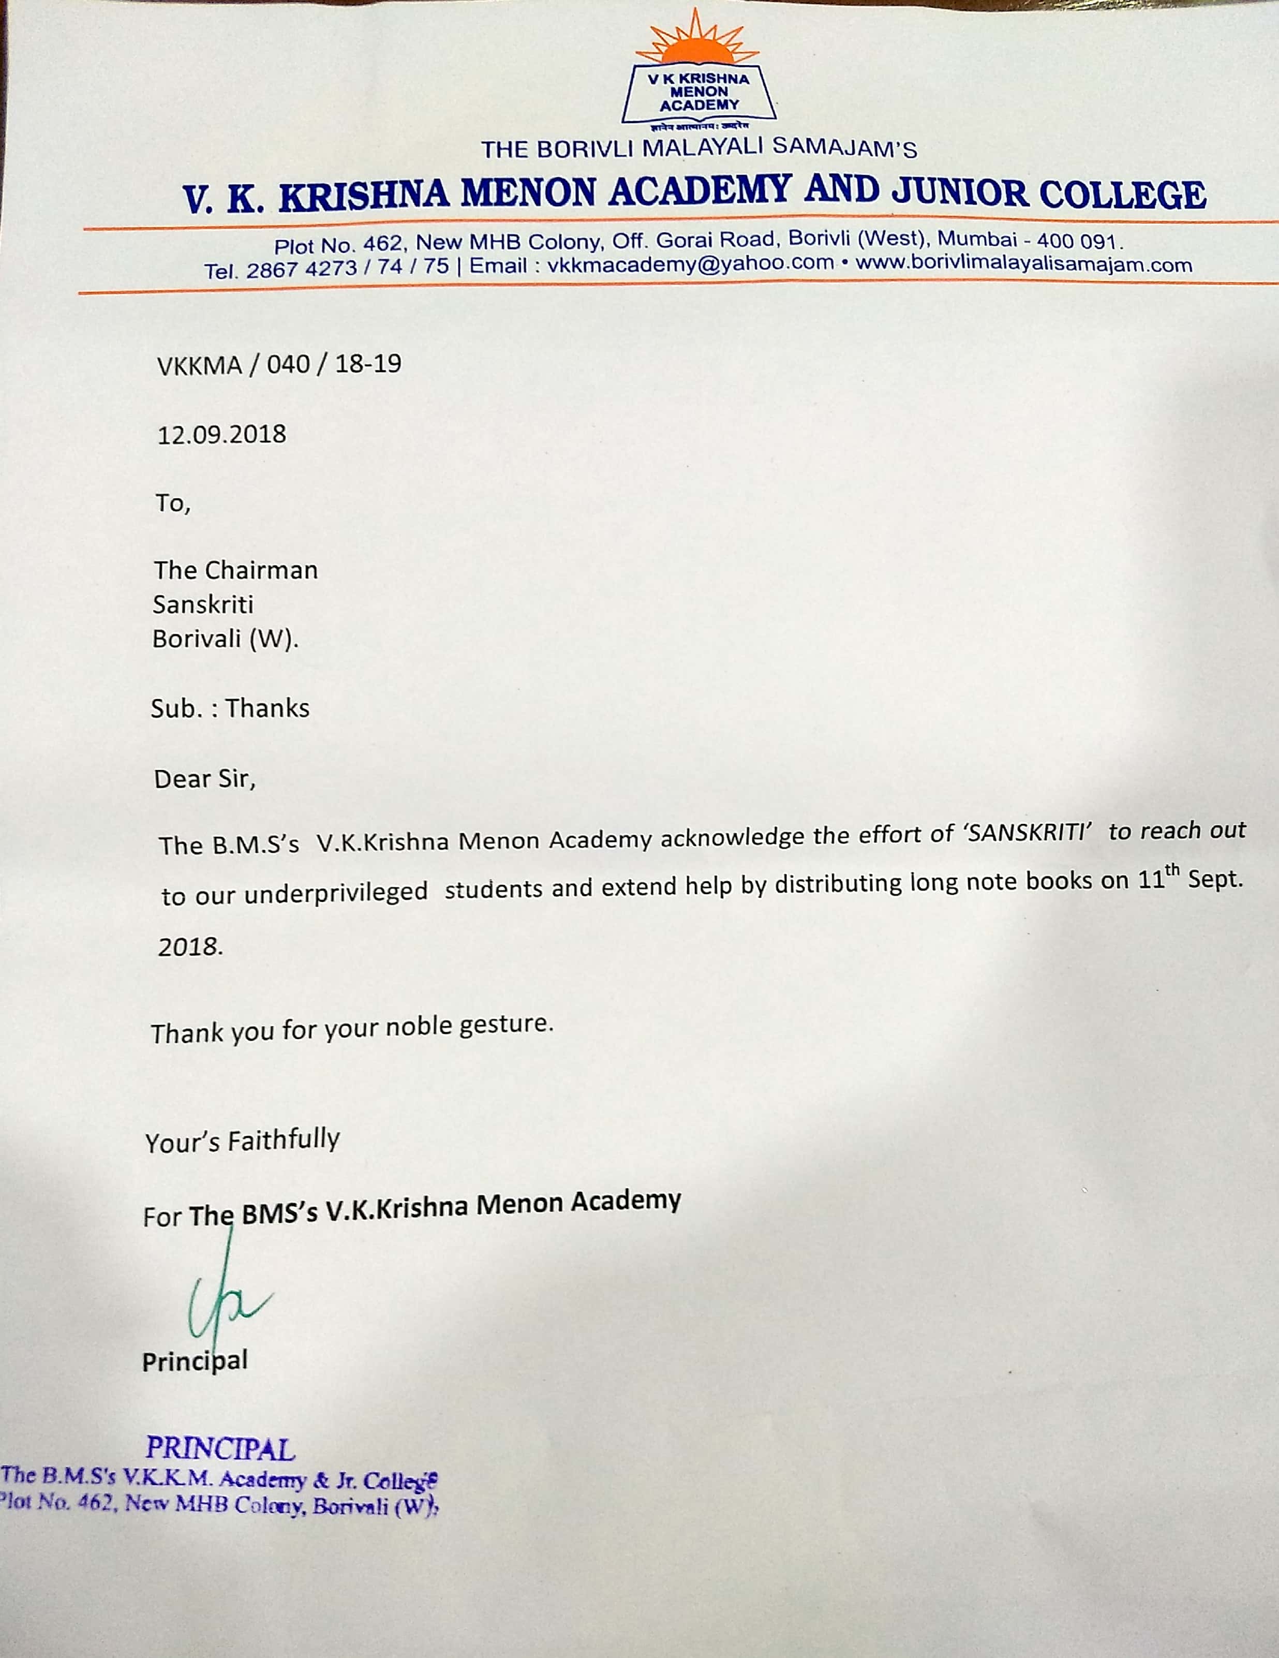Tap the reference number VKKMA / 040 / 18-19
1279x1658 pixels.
point(278,364)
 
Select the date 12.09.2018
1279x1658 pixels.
point(221,434)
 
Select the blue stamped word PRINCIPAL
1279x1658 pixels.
point(220,1449)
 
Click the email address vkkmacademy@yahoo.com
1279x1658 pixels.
point(690,265)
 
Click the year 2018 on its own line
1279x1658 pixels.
point(190,946)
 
